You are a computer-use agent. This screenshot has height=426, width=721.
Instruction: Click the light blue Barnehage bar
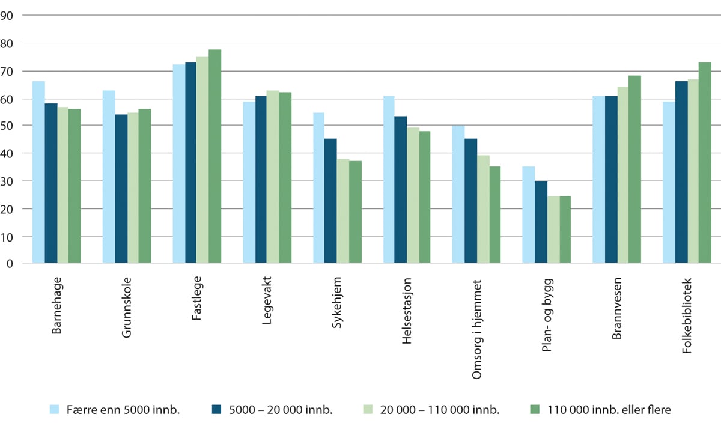[x=38, y=172]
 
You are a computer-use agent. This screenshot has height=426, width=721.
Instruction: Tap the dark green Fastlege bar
[x=214, y=156]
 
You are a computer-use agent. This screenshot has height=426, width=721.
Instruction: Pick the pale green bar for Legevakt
[x=273, y=177]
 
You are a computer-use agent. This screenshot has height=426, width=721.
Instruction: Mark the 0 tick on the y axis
[x=11, y=264]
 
